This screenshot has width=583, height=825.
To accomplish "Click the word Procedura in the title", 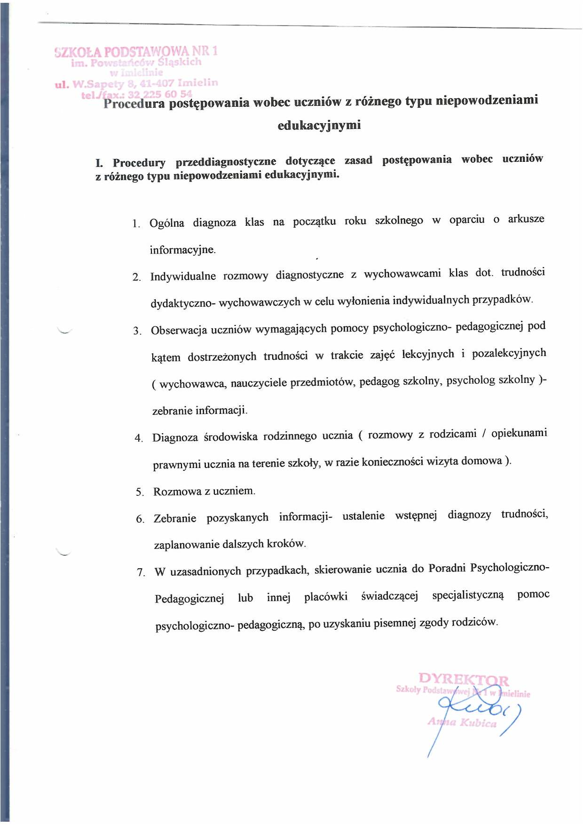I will pos(134,103).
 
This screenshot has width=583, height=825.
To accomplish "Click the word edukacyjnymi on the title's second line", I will pos(319,125).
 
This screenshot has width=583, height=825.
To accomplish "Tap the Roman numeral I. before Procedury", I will pos(99,163).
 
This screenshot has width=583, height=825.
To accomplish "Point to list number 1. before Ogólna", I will pos(136,223).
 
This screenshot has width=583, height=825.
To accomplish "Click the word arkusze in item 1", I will pos(526,219).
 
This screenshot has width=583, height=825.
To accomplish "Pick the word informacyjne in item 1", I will pos(182,250).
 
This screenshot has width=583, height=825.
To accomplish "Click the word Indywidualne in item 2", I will pos(183,276).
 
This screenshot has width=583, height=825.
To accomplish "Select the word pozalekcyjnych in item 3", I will pos(509,353).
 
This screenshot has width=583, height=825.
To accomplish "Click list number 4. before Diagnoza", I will pos(139,438).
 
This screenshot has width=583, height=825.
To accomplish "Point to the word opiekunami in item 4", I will pos(519,433).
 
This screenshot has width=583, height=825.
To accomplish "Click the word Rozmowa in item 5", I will pos(177,492).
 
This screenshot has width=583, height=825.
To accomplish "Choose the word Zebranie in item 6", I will pos(174,518).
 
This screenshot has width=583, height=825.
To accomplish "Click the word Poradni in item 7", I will pos(447,568).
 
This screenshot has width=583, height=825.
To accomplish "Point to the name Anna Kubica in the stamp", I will pos(462,722).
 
